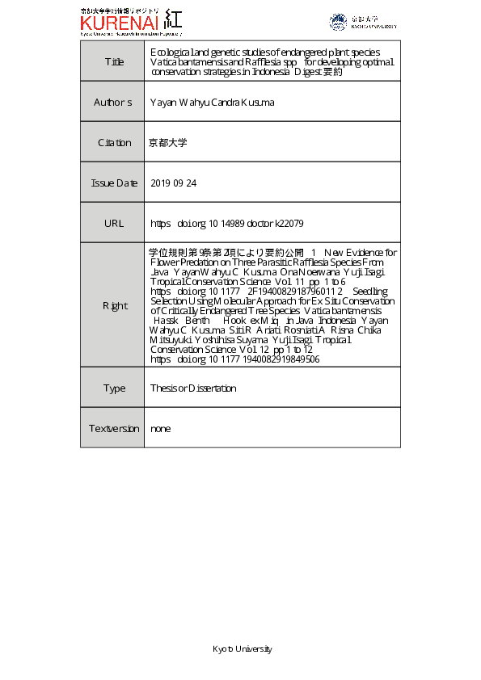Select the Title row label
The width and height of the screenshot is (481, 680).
click(114, 61)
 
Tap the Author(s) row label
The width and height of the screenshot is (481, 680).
click(114, 103)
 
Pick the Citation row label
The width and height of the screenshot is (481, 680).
click(114, 143)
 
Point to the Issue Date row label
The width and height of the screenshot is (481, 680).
click(114, 183)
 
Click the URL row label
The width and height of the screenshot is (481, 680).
click(114, 223)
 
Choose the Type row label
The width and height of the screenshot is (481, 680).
click(114, 388)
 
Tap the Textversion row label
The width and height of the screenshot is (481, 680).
click(114, 429)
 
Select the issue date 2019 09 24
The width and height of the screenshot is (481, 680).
click(174, 183)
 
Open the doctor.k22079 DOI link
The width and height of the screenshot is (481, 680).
click(227, 223)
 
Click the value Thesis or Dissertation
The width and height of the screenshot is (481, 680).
click(193, 388)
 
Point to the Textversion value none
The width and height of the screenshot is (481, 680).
click(161, 429)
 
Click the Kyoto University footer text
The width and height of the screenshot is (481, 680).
click(242, 649)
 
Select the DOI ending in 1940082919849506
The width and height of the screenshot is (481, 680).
click(234, 359)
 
